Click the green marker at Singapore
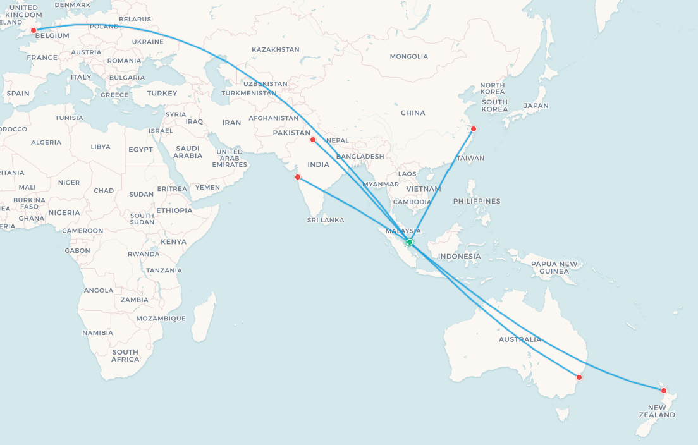[x=410, y=242]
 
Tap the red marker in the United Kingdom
[x=34, y=30]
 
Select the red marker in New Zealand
[x=664, y=391]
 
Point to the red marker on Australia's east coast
[x=579, y=377]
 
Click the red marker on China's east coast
[x=474, y=129]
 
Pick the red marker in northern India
[x=313, y=140]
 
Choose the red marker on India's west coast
[x=298, y=177]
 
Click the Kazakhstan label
[x=276, y=49]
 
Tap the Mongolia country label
[x=408, y=56]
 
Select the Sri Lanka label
[x=326, y=220]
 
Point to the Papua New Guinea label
[x=554, y=267]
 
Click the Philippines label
[x=477, y=201]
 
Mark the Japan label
[x=536, y=106]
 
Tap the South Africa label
[x=125, y=355]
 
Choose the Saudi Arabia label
[x=188, y=152]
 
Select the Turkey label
[x=162, y=94]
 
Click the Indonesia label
[x=459, y=256]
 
